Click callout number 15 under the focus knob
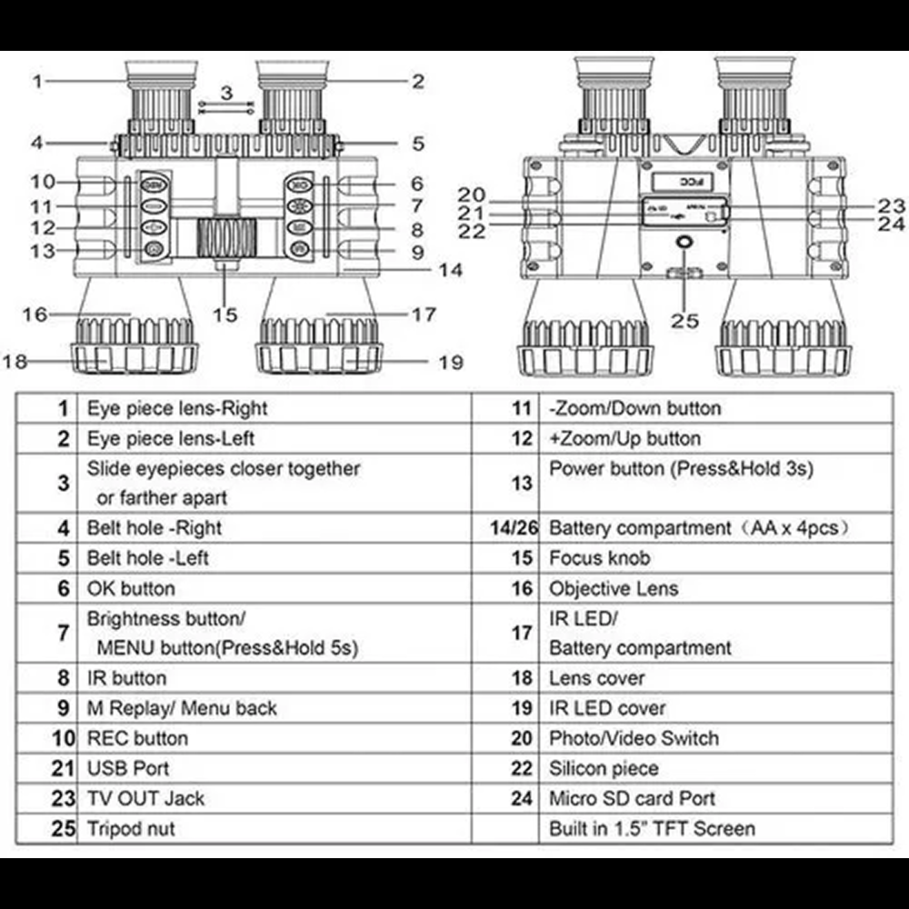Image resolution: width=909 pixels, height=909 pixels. [x=225, y=315]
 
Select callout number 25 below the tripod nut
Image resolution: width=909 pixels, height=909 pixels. [x=685, y=320]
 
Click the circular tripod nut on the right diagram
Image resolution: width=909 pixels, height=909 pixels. [x=684, y=245]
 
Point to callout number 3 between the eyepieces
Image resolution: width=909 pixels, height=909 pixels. [x=226, y=92]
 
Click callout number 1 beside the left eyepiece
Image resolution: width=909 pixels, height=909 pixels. [x=37, y=81]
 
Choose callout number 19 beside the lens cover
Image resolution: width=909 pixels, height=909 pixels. [x=451, y=362]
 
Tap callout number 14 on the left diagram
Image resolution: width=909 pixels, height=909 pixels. [x=449, y=270]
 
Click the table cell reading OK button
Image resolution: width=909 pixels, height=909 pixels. [x=131, y=588]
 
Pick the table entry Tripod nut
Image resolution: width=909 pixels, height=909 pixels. [x=131, y=828]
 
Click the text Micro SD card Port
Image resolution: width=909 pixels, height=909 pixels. [x=632, y=798]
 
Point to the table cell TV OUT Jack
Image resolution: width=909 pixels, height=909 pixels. [x=145, y=798]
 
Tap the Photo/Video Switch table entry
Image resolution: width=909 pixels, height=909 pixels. [x=634, y=738]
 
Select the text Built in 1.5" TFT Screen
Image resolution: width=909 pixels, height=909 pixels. [x=652, y=828]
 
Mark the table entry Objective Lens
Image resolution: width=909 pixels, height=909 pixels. [x=614, y=588]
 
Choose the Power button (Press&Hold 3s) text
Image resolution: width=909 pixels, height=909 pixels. [x=681, y=468]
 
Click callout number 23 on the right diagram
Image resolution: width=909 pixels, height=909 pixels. [x=892, y=205]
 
